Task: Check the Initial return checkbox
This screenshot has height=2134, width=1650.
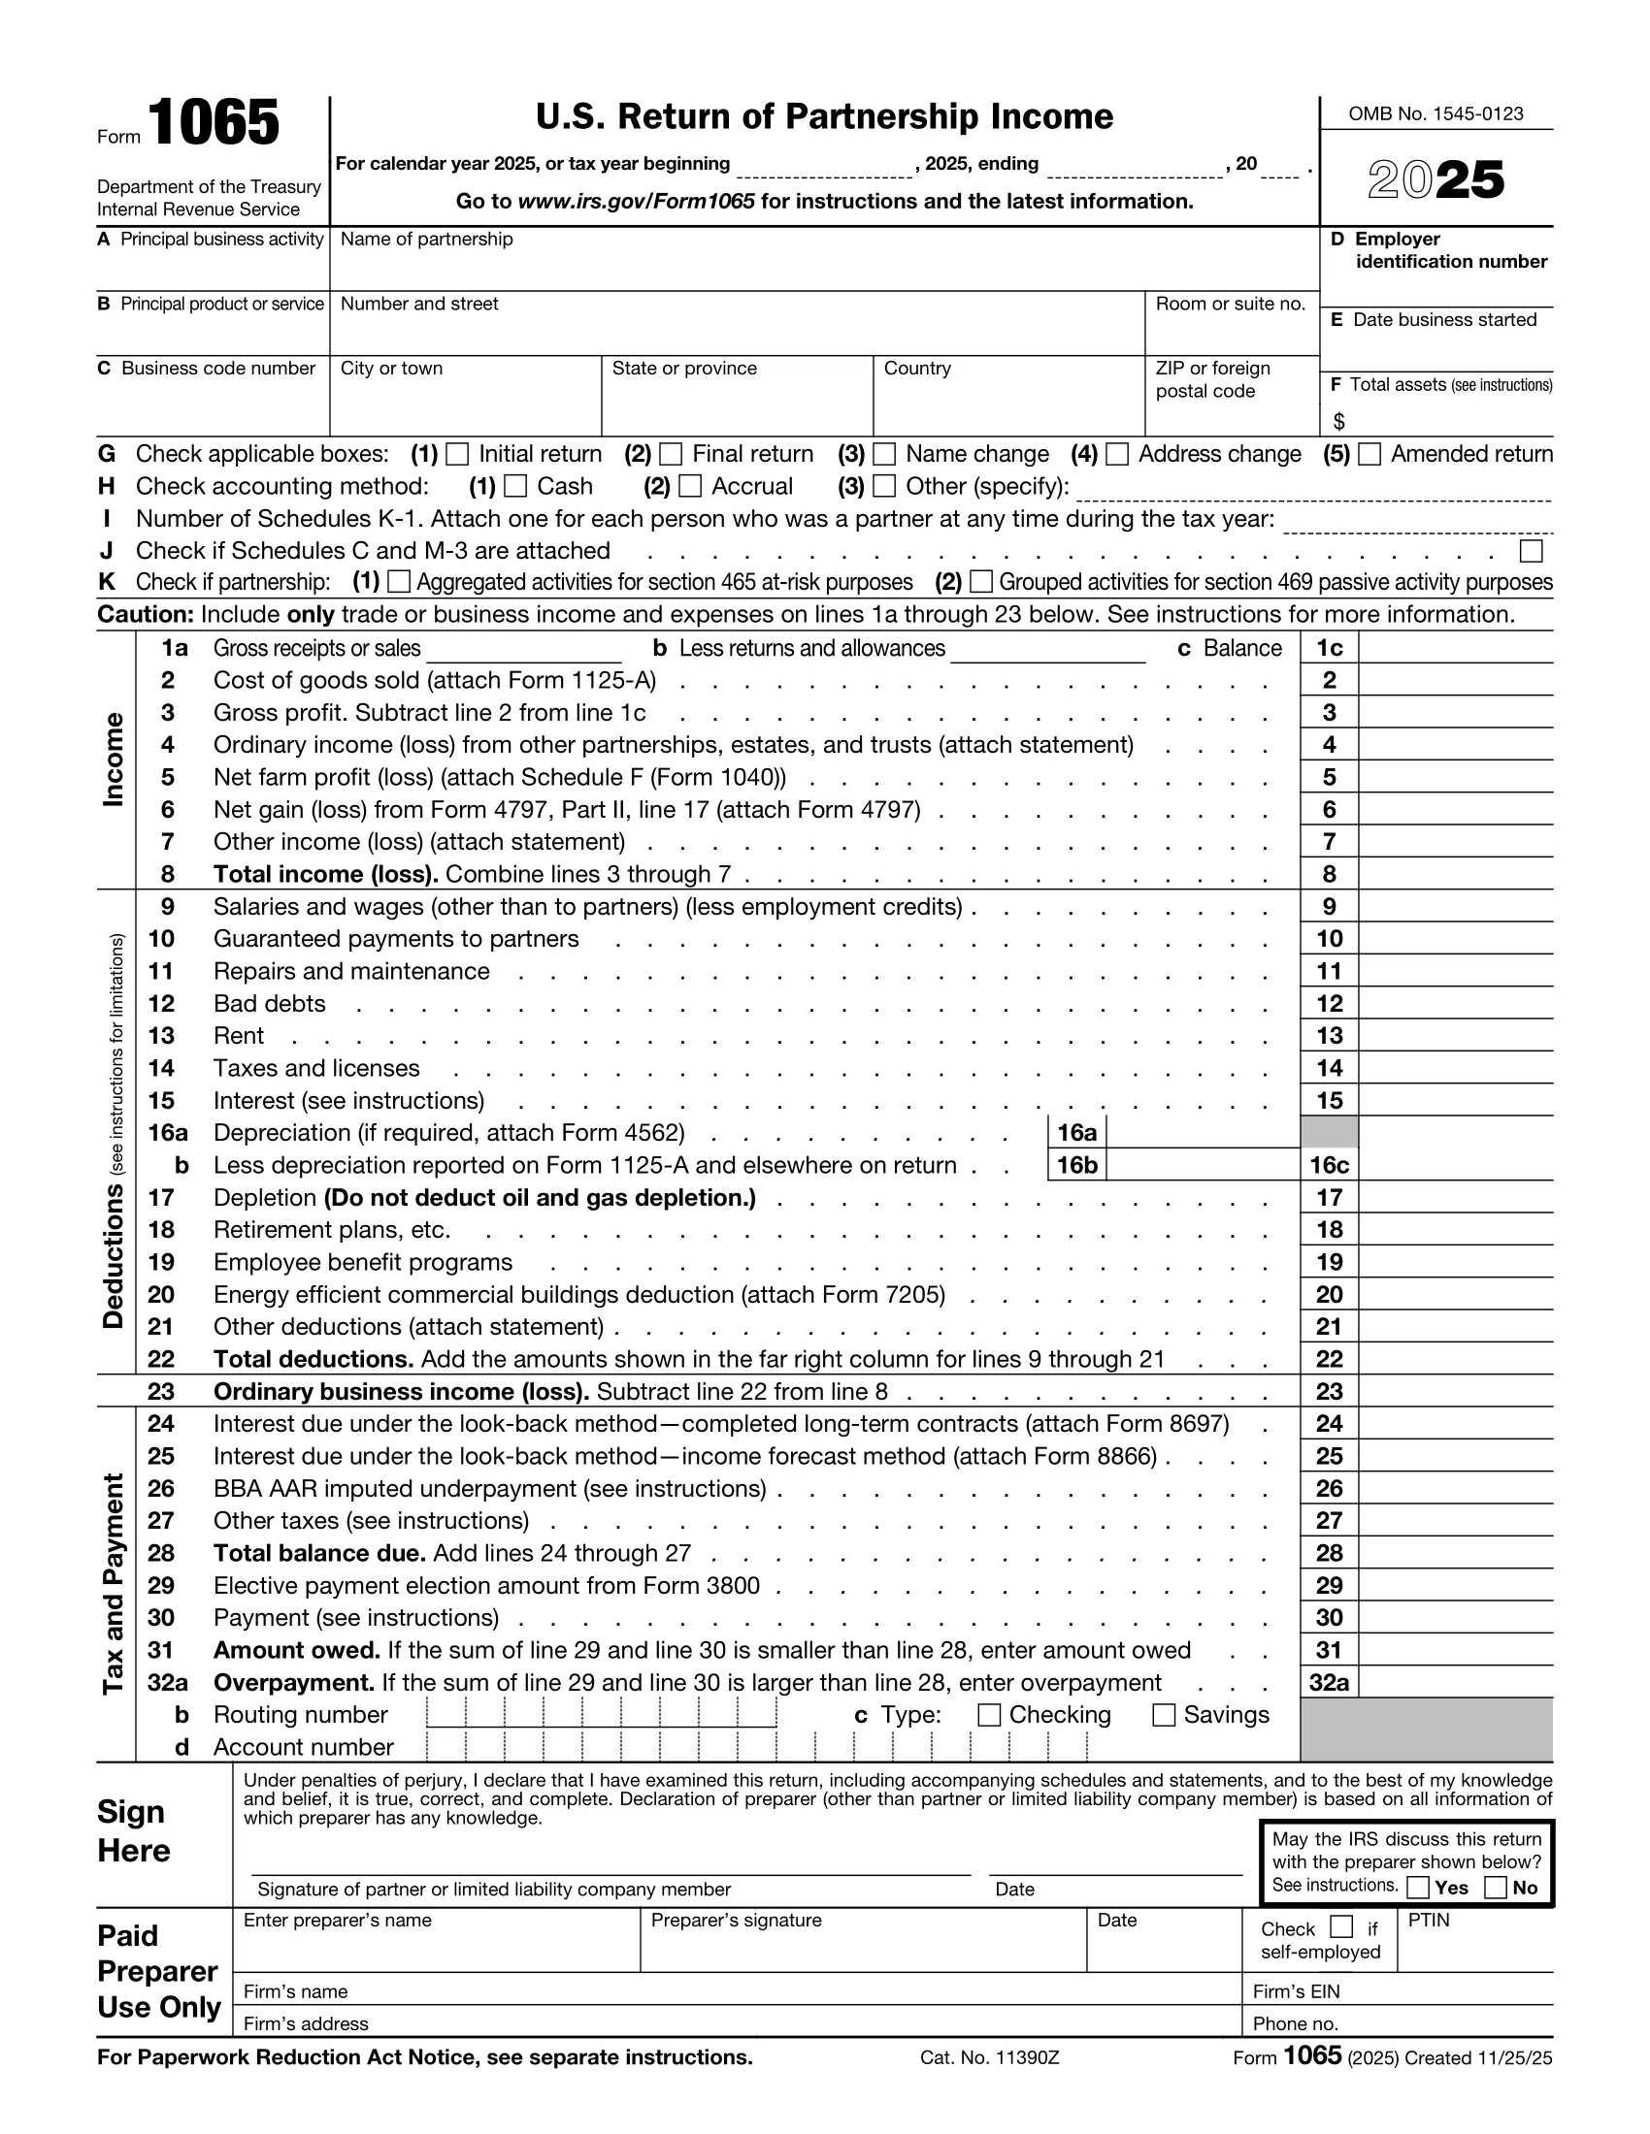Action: point(456,454)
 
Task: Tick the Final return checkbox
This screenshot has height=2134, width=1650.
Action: point(671,454)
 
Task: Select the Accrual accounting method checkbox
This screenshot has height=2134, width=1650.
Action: point(690,487)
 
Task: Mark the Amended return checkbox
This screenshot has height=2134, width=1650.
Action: point(1369,454)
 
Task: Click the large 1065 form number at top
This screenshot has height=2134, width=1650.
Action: point(214,124)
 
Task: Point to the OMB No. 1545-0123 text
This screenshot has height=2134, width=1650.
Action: point(1435,114)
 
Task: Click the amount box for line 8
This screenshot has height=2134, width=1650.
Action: point(1455,875)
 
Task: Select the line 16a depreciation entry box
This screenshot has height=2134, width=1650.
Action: point(1202,1133)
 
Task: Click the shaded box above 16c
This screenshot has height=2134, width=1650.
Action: point(1329,1133)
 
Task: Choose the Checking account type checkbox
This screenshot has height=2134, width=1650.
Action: point(989,1715)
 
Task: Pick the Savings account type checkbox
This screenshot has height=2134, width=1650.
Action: point(1163,1715)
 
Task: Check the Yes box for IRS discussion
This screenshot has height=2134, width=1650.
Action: point(1419,1888)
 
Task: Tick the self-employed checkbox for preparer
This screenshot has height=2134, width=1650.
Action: point(1342,1926)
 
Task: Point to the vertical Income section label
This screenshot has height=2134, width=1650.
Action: point(115,760)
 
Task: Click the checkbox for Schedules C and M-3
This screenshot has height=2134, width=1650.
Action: point(1532,551)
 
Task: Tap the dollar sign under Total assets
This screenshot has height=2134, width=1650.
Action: point(1339,422)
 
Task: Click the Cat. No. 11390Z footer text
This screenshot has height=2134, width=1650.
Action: point(989,2057)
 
